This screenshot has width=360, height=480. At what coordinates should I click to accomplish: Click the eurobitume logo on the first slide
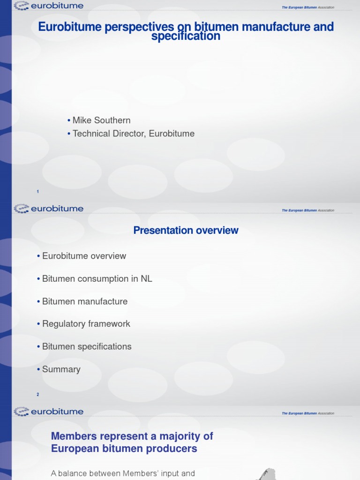[49, 6]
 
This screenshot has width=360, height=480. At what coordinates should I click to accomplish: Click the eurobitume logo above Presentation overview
[49, 209]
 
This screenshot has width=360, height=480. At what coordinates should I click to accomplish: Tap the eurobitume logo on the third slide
[49, 412]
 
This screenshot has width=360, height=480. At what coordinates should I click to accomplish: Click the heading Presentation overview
[186, 230]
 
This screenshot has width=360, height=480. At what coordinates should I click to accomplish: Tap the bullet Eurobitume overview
[84, 256]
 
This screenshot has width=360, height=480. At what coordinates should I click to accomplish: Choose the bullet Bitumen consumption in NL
[97, 279]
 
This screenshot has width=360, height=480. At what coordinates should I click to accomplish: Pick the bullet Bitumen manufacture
[85, 301]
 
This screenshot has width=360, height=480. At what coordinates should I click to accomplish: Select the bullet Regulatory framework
[86, 324]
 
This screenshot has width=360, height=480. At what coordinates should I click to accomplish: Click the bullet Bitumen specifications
[87, 346]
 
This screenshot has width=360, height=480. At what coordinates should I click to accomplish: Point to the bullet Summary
[61, 369]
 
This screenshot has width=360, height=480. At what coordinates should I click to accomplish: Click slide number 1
[37, 192]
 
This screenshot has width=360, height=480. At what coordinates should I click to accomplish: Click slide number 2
[38, 395]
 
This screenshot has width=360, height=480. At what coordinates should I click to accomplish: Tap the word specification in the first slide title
[186, 37]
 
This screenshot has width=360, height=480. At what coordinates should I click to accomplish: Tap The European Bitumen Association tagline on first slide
[308, 7]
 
